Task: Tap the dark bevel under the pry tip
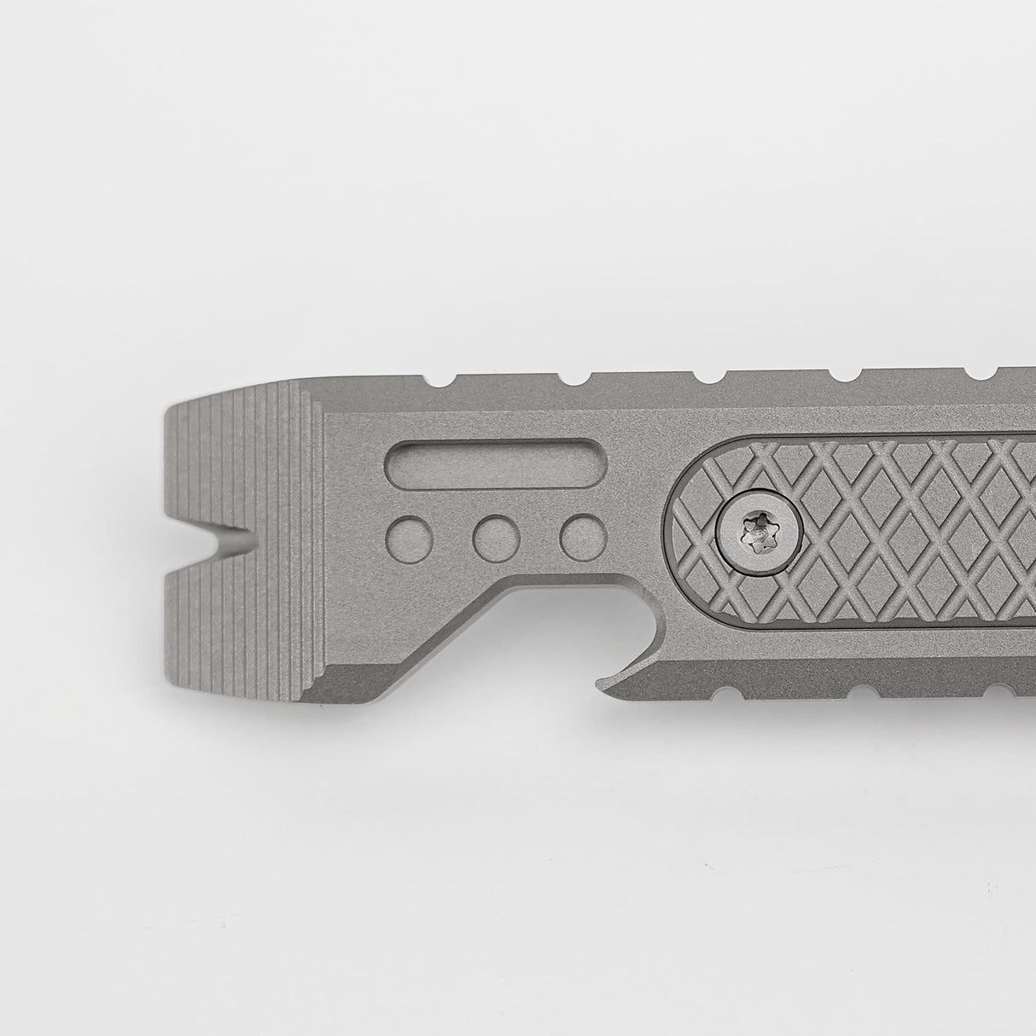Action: click(x=341, y=687)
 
